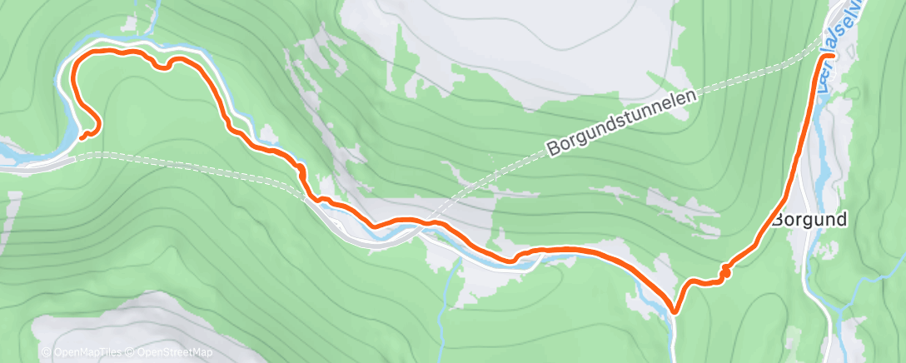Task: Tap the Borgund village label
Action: pos(809,221)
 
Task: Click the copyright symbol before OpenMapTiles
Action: pos(45,353)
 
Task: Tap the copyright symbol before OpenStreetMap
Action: pos(131,353)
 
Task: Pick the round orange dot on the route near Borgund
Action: pos(725,271)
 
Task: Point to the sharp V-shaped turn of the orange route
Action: pos(674,311)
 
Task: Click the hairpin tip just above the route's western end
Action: pos(98,125)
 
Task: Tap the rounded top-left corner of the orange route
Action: pos(77,60)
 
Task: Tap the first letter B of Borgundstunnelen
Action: pos(553,151)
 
